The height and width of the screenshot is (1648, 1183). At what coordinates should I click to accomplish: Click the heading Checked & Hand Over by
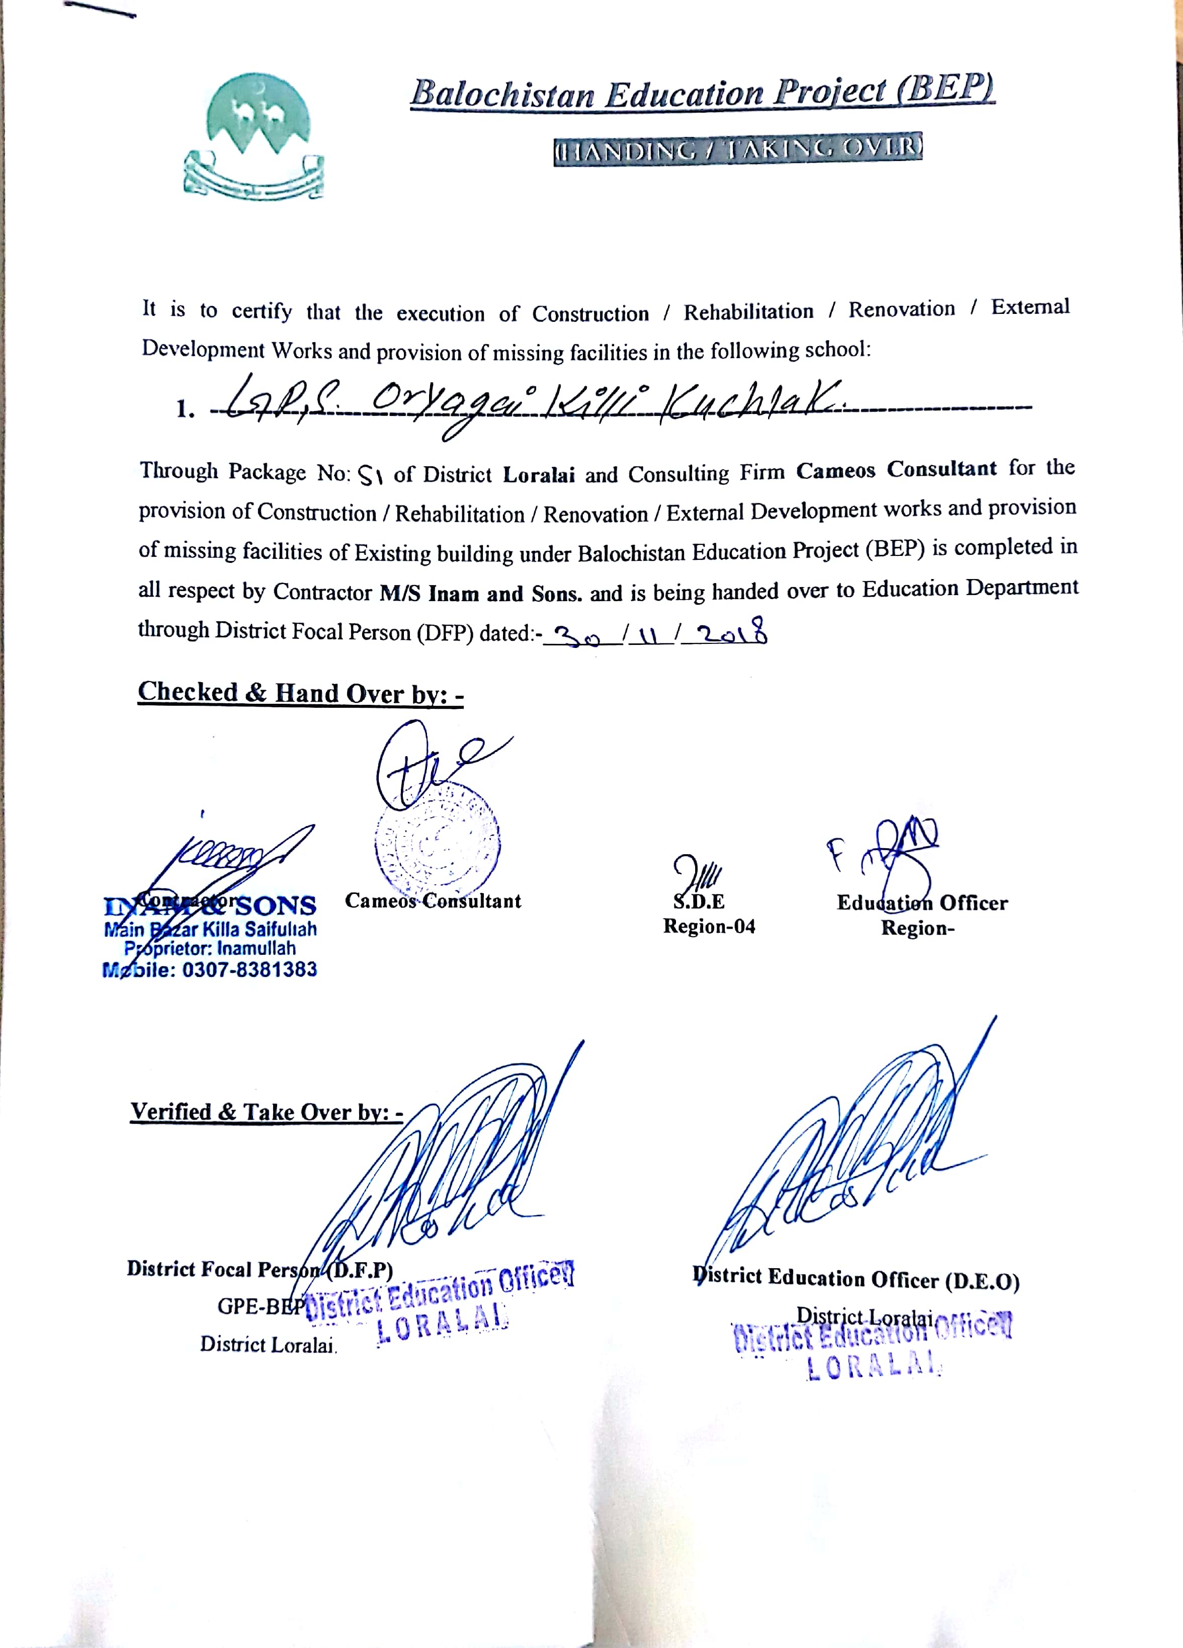(x=300, y=693)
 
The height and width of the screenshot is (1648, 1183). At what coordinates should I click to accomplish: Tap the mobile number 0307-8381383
(x=249, y=969)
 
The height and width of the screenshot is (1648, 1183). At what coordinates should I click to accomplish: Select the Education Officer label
(x=921, y=902)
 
